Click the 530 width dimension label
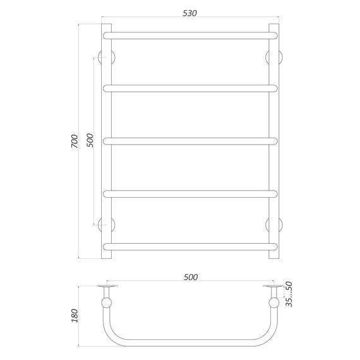(x=189, y=13)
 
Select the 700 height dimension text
(x=75, y=141)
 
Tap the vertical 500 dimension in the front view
(x=90, y=140)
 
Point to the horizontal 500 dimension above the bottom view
(x=191, y=277)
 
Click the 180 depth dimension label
(x=75, y=315)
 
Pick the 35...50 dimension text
(x=289, y=294)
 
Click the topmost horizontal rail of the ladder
(x=190, y=36)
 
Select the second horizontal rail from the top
(x=190, y=88)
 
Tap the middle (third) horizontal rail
(x=190, y=141)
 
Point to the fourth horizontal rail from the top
(x=190, y=194)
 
